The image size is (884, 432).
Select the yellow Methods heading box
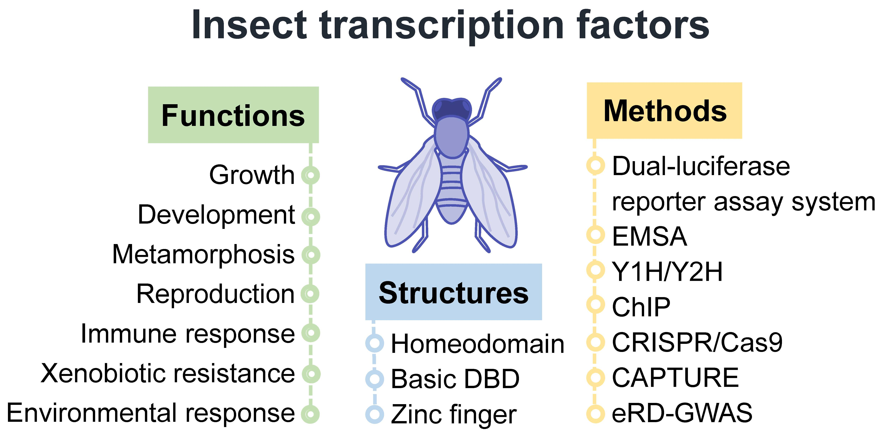(x=664, y=110)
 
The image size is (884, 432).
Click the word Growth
(x=252, y=175)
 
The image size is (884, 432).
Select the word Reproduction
(x=216, y=294)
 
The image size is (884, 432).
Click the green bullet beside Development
(x=310, y=217)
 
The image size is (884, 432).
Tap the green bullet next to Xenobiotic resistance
(x=311, y=374)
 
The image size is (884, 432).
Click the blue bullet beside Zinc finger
(x=374, y=414)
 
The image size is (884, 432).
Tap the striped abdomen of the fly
(x=452, y=190)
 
